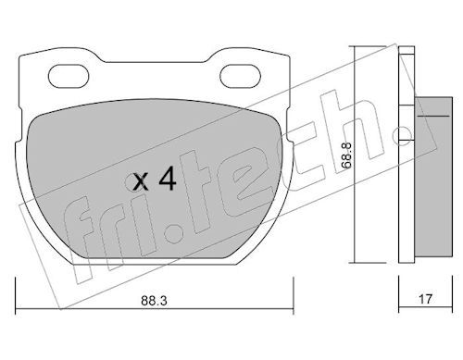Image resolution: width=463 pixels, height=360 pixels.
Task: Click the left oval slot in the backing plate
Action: tap(69, 76)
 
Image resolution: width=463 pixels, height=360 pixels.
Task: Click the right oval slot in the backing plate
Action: tap(241, 76)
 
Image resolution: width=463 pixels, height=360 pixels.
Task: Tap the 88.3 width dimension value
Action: tap(154, 301)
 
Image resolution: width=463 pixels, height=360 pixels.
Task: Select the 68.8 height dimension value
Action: tap(346, 155)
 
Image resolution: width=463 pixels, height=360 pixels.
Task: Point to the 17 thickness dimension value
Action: tap(425, 299)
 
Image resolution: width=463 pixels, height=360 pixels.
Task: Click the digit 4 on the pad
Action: tap(168, 180)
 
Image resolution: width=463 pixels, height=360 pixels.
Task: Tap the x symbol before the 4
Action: tap(141, 182)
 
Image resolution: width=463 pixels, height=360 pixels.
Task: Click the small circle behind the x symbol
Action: tap(132, 182)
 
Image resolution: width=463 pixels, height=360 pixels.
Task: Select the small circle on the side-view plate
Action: tap(403, 135)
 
